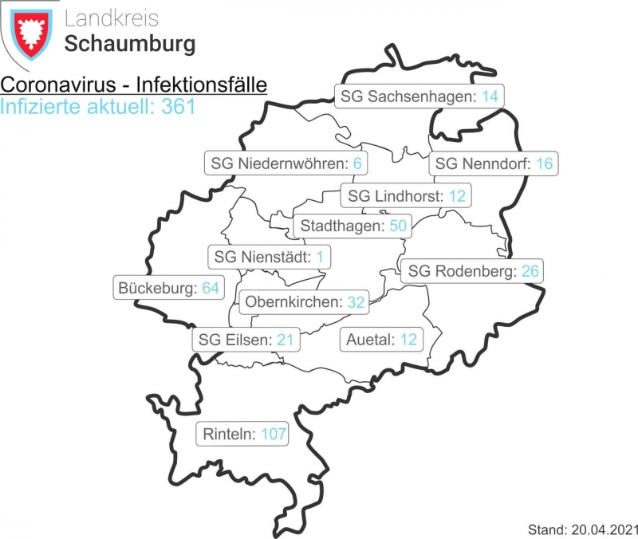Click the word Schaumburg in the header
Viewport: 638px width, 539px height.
click(129, 44)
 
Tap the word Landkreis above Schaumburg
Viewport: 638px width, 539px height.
click(112, 18)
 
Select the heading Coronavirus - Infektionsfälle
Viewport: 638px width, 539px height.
click(134, 85)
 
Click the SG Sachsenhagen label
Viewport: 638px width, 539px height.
click(419, 96)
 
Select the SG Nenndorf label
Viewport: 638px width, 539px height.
click(493, 163)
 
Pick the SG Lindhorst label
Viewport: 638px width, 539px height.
click(406, 195)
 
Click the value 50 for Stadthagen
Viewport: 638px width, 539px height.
click(398, 226)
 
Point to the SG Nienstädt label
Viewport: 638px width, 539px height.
click(270, 258)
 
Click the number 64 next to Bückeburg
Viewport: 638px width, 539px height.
click(211, 288)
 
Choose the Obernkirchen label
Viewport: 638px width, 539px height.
click(304, 302)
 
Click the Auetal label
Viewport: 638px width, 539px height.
click(381, 340)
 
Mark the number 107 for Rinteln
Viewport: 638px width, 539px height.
click(273, 435)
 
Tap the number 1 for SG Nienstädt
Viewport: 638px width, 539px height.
click(320, 258)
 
